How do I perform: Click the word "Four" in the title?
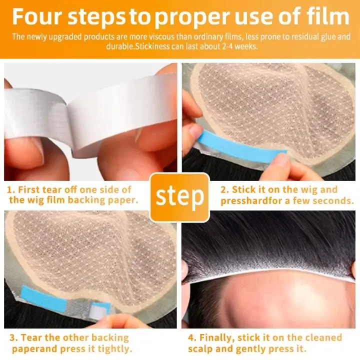(x=37, y=16)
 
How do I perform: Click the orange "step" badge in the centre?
(x=180, y=197)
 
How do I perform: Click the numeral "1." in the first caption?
(x=11, y=190)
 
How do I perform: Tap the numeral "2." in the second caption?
(x=225, y=190)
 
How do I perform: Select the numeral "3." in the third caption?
(x=13, y=337)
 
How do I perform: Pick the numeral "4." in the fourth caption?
(x=192, y=337)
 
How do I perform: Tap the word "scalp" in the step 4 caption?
(x=200, y=349)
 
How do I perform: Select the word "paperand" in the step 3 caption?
(x=34, y=349)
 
